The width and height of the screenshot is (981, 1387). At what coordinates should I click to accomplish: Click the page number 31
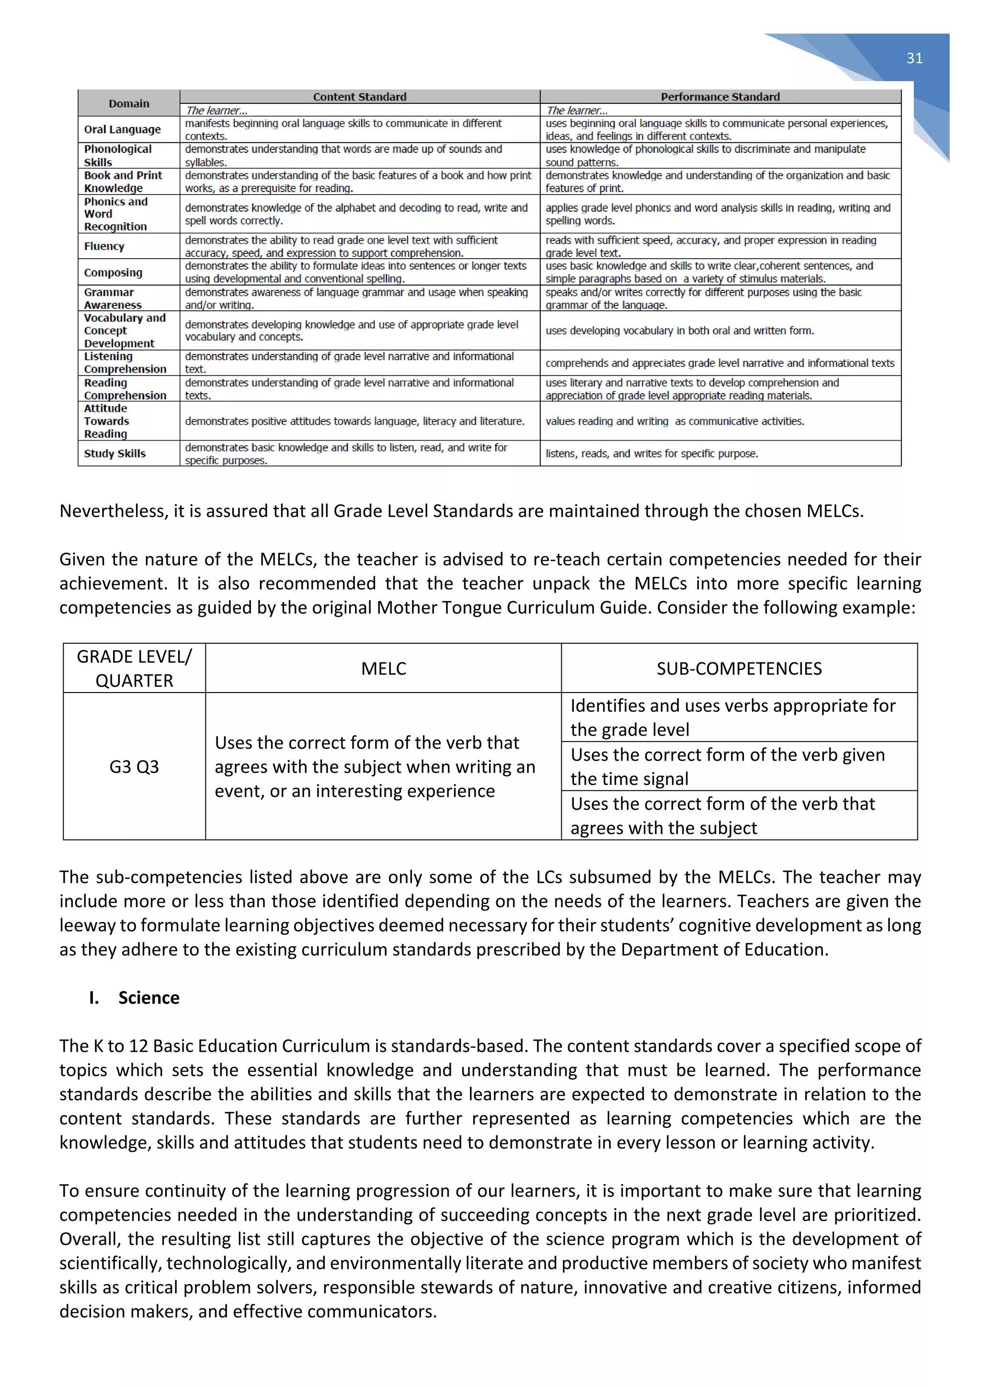pos(914,58)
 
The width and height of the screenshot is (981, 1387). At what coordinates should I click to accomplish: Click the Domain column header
pos(129,103)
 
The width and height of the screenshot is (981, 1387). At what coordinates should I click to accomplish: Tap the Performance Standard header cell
pos(720,97)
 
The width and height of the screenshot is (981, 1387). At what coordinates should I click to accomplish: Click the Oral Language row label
pos(123,129)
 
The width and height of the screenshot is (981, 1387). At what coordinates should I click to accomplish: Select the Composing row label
pos(113,273)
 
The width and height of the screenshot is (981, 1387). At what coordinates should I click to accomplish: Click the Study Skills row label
pos(115,453)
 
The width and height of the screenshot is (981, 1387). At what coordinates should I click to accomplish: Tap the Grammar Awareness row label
pos(113,298)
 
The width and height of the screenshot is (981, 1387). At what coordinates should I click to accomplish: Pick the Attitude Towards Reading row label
pos(106,421)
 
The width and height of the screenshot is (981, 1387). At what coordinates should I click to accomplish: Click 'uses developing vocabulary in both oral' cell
pos(680,330)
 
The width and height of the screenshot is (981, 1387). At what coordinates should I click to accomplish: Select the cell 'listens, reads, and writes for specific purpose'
pos(652,453)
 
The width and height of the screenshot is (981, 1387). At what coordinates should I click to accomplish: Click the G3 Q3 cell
pos(134,767)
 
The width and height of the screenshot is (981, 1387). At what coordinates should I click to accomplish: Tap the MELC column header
pos(384,668)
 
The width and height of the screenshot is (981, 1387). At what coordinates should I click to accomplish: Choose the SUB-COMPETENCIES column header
pos(739,668)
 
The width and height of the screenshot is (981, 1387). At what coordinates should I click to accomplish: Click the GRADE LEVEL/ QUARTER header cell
pos(134,668)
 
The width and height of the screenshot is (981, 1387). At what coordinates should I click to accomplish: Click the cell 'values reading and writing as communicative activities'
pos(675,421)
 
